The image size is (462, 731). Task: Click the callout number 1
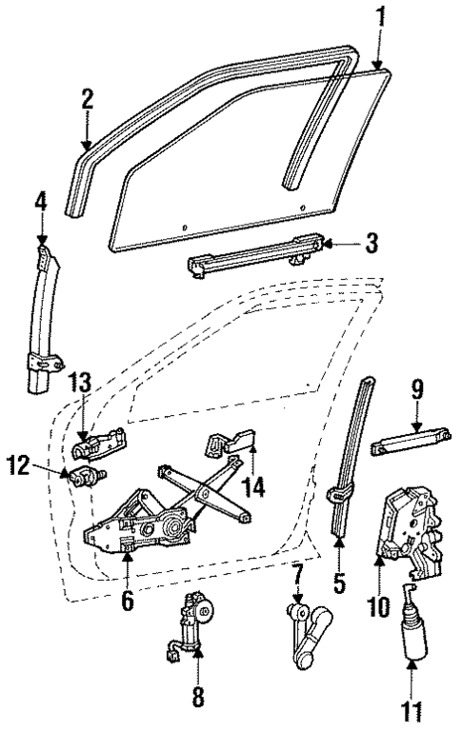click(382, 16)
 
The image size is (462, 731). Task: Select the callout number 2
click(87, 99)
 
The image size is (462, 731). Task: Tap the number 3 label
click(371, 242)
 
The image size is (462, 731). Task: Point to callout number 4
click(41, 202)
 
